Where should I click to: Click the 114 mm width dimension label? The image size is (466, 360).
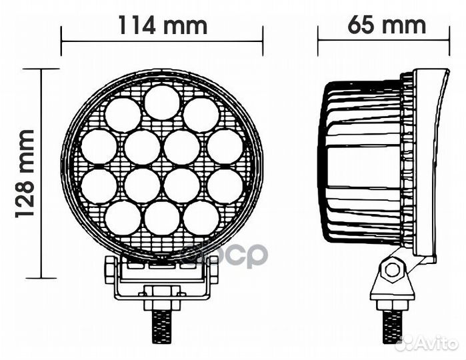click(162, 25)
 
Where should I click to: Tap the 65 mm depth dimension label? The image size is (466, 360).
click(386, 25)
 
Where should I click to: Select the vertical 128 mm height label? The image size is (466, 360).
click(25, 173)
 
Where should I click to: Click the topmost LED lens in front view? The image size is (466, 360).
click(162, 102)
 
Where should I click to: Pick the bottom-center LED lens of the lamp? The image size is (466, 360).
click(162, 217)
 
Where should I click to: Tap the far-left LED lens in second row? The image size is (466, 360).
click(98, 147)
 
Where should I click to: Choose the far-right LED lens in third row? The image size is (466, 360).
click(225, 186)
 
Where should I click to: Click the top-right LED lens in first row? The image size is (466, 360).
click(201, 115)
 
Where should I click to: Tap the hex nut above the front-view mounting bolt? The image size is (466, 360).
click(162, 291)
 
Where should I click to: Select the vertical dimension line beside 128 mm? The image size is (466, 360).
click(43, 173)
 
